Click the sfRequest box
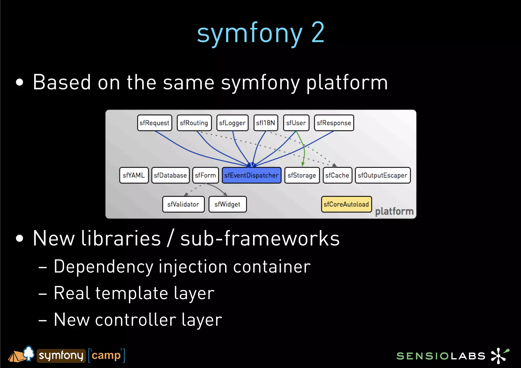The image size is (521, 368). tap(154, 123)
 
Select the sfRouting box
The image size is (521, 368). tap(194, 123)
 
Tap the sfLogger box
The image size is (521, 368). tap(232, 123)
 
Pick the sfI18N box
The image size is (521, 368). tap(266, 123)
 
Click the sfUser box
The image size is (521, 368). tap(296, 123)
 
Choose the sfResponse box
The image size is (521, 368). tap(334, 123)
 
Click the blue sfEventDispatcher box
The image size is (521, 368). tap(251, 175)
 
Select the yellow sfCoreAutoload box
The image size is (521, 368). tap(346, 204)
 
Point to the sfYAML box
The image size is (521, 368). tap(134, 175)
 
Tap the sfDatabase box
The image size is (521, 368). tap(170, 175)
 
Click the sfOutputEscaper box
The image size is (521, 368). tap(383, 175)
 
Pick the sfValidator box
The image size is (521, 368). tap(183, 204)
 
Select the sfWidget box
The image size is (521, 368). tap(227, 204)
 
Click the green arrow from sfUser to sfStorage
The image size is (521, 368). tap(304, 150)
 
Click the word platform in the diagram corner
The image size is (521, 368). tap(394, 211)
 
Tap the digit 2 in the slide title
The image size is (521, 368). tap(318, 33)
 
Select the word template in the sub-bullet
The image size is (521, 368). tap(132, 293)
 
